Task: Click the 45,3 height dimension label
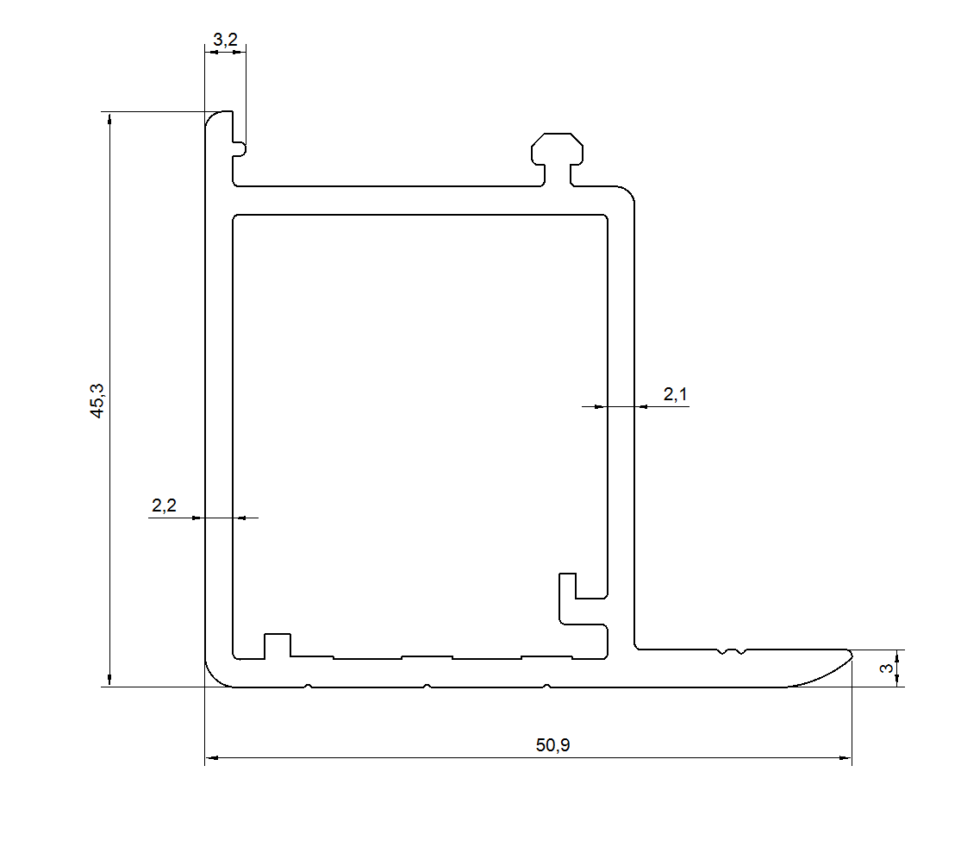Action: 97,400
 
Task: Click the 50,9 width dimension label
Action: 552,744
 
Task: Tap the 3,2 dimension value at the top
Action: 225,40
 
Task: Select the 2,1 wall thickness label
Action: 675,394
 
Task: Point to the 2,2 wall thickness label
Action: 164,505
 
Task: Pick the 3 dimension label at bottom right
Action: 886,668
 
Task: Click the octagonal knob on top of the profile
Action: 557,149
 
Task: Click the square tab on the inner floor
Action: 277,646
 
